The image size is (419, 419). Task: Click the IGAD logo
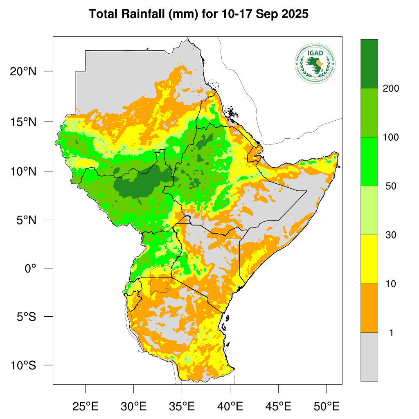(315, 63)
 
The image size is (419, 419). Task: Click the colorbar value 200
(391, 88)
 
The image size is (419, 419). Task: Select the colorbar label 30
(391, 235)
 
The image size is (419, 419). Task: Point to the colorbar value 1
(391, 333)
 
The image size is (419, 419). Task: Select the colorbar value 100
(391, 137)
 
